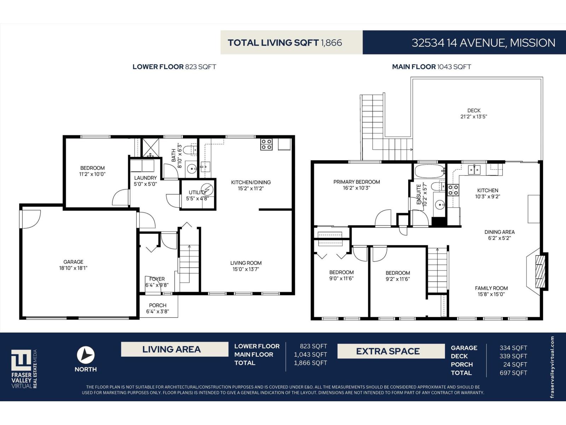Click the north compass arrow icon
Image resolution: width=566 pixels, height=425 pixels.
coord(86,355)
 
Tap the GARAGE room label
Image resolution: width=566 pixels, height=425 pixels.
coord(73,262)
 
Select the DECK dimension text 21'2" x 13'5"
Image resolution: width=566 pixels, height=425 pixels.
coord(474,117)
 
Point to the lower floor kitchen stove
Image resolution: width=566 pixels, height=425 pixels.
coord(266,144)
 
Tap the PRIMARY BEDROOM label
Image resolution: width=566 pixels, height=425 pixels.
coord(356,182)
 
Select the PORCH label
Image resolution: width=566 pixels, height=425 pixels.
coord(157,305)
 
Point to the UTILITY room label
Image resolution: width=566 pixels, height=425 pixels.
coord(197,192)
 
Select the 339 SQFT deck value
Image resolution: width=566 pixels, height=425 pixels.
coord(513,356)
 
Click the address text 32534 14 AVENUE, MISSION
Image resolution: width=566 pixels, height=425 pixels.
coord(483,42)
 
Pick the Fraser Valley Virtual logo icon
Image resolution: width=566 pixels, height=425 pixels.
coord(22,360)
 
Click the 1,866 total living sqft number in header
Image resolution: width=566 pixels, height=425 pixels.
coord(331,43)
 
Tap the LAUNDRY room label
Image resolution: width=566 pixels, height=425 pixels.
coord(145,178)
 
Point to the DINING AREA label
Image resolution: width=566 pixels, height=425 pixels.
coord(499,232)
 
